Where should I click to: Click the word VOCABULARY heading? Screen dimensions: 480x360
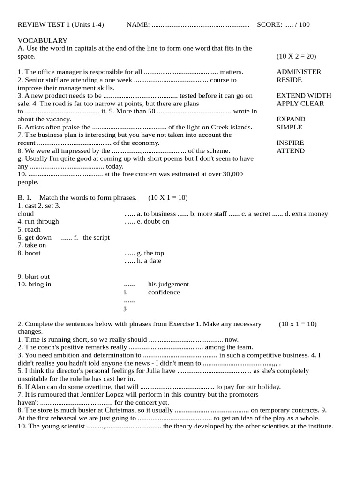[x=43, y=41]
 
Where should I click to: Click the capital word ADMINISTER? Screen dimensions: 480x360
[x=299, y=72]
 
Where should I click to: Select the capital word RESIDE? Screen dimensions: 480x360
[x=289, y=80]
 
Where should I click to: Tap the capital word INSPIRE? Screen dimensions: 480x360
[x=290, y=142]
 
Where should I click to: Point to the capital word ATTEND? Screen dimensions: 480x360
[x=290, y=150]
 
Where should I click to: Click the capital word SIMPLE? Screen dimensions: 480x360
[x=289, y=127]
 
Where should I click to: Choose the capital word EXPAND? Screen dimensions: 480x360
[x=291, y=119]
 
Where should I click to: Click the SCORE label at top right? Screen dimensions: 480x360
[x=270, y=24]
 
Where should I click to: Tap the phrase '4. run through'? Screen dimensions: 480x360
[x=38, y=221]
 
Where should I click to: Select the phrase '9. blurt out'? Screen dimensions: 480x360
[x=34, y=277]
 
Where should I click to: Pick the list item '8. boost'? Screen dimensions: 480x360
[x=29, y=253]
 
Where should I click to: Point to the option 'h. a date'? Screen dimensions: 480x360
[x=149, y=261]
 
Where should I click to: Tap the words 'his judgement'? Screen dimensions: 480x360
[x=168, y=284]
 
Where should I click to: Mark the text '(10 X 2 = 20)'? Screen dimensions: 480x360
[x=296, y=56]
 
